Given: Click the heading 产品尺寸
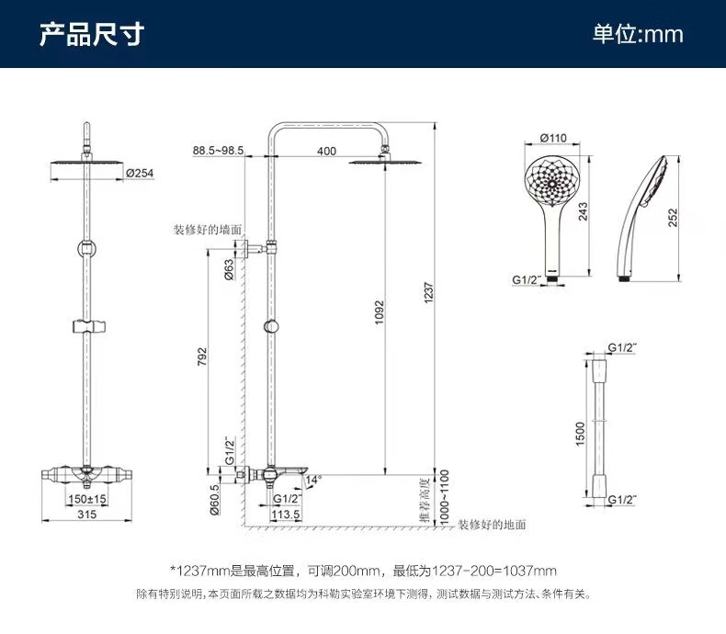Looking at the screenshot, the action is (x=91, y=34).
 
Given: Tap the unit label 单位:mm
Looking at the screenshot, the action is (x=637, y=34).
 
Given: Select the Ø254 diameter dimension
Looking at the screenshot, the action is (x=139, y=172).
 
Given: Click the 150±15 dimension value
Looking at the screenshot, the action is (x=87, y=498).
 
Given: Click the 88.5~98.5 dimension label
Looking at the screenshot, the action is (x=218, y=150).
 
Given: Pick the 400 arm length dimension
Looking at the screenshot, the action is (x=326, y=150).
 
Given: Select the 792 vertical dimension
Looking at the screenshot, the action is (x=202, y=357).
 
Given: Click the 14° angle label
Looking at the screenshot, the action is (x=314, y=480).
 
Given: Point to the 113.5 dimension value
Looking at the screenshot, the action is (x=286, y=515).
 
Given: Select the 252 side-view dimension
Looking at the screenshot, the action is (x=673, y=217).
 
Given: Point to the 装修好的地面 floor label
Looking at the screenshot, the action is (x=493, y=524).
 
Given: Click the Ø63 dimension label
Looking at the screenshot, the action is (x=228, y=269).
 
